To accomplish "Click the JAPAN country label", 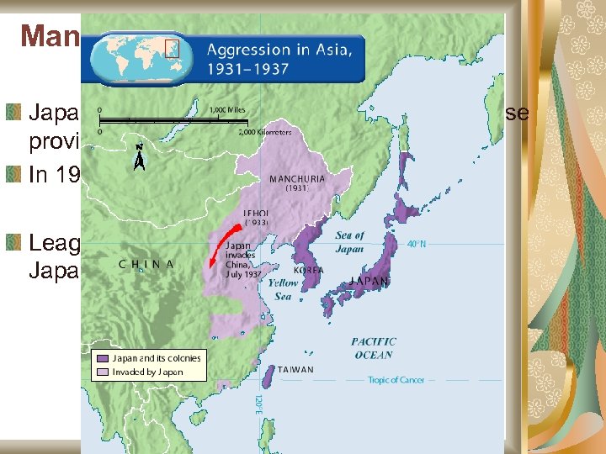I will pos(370,281).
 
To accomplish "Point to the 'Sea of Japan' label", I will pos(349,242).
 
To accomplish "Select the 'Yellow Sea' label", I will pos(284,290).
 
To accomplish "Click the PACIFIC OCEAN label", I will pos(374,348).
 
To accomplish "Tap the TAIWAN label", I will pos(295,369).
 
